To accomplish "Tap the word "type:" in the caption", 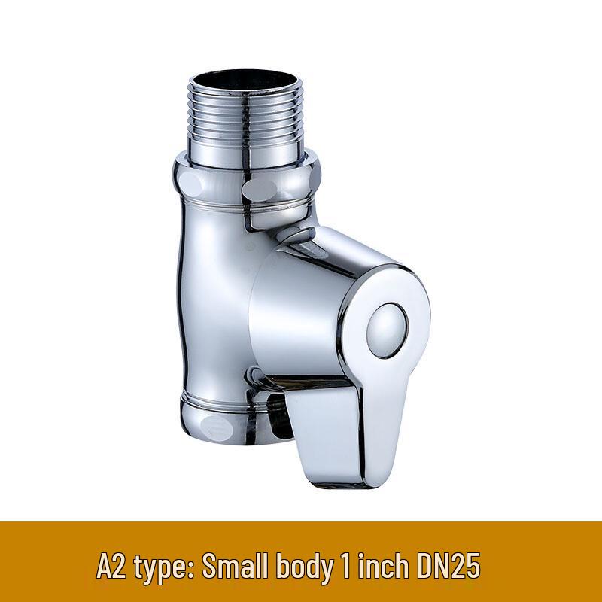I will pos(161,566).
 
